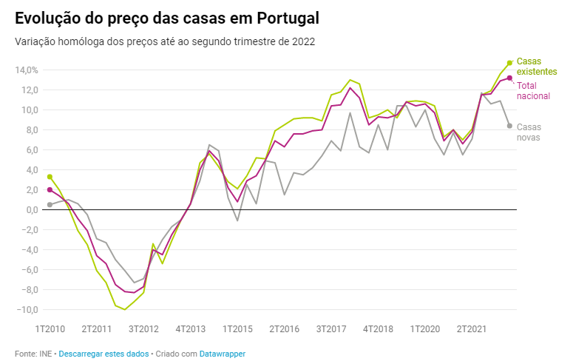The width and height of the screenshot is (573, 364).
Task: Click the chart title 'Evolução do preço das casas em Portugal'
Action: tap(167, 18)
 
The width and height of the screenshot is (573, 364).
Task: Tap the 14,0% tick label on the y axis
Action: tap(26, 70)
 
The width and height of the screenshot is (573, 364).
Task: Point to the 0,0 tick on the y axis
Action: tap(30, 210)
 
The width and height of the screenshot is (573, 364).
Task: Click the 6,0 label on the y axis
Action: tap(30, 150)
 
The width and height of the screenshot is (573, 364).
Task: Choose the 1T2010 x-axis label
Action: tap(50, 328)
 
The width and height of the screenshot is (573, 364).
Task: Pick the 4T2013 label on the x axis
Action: tap(191, 328)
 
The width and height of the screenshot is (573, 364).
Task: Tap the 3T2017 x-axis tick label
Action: tap(331, 328)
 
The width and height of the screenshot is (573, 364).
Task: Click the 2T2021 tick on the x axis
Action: tap(471, 328)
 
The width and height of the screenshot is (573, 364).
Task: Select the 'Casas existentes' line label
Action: tap(536, 66)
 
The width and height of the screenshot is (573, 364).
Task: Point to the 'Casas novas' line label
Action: tap(529, 132)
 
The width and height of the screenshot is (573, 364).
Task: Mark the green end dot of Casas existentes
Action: tap(509, 63)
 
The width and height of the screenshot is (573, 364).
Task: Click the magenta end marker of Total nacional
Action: tap(509, 78)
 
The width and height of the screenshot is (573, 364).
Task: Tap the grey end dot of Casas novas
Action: tap(509, 126)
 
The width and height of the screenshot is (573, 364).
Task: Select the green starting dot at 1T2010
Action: tap(50, 177)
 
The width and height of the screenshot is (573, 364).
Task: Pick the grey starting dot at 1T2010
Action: tap(50, 204)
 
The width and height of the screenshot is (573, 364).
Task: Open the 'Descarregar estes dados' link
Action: tap(104, 354)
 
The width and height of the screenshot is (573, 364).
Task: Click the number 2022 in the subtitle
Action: tap(303, 41)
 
